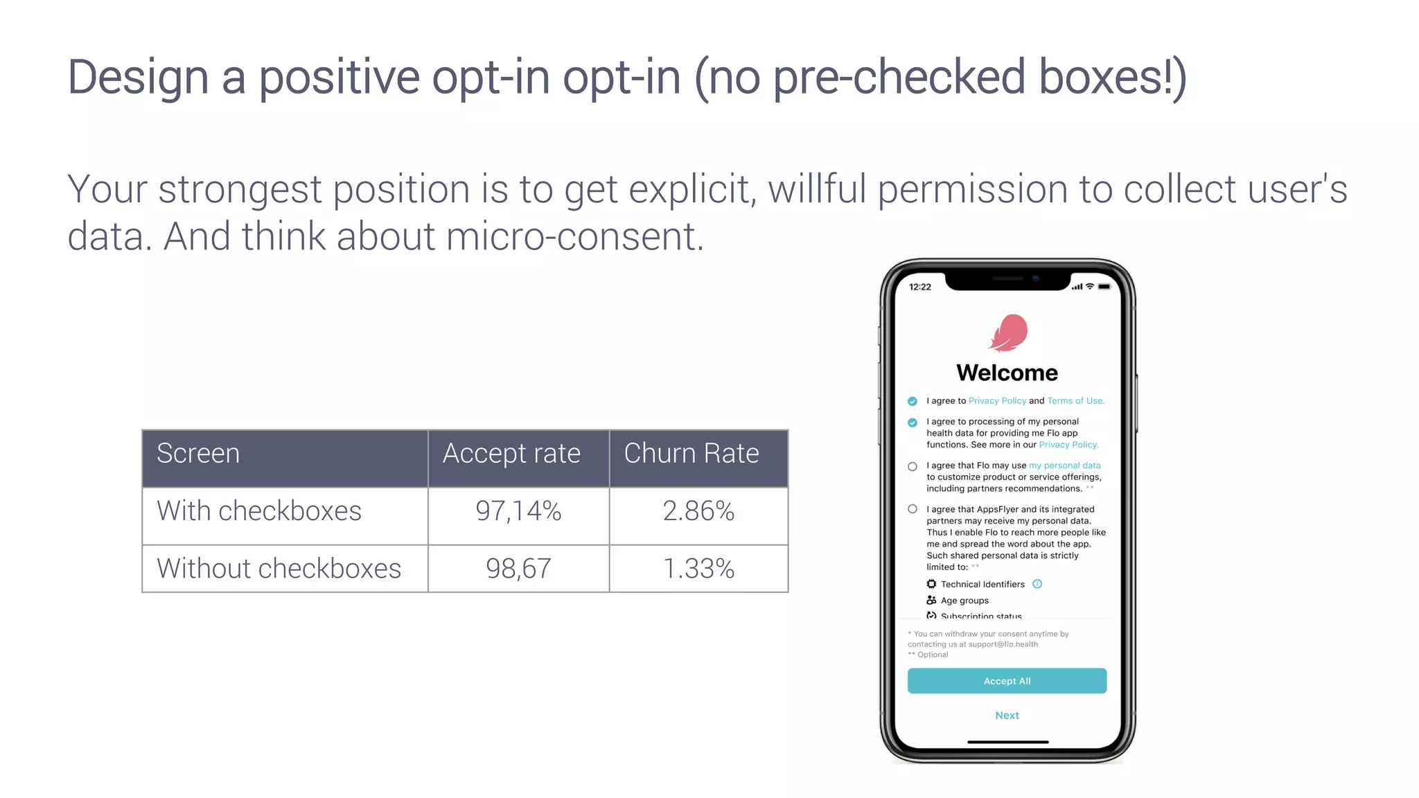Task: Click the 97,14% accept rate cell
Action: coord(518,511)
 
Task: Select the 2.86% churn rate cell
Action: coord(698,511)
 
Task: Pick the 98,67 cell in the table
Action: coord(518,569)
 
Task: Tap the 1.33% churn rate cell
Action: coord(698,569)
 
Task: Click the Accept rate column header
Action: coord(511,454)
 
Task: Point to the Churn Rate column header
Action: coord(691,454)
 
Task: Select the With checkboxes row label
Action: coord(259,511)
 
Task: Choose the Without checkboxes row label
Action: coord(279,569)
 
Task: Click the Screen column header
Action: coord(198,454)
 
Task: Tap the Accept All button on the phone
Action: coord(1007,681)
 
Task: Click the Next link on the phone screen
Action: coord(1007,716)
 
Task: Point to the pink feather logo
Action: coord(1008,332)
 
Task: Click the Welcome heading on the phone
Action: coord(1007,373)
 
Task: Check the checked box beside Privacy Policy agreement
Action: coord(913,401)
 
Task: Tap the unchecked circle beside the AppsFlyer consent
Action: coord(913,509)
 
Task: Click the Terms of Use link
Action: coord(1075,401)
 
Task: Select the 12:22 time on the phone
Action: coord(920,287)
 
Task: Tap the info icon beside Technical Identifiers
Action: coord(1037,584)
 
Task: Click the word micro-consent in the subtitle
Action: coord(575,237)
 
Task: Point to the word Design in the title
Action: coord(138,77)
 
